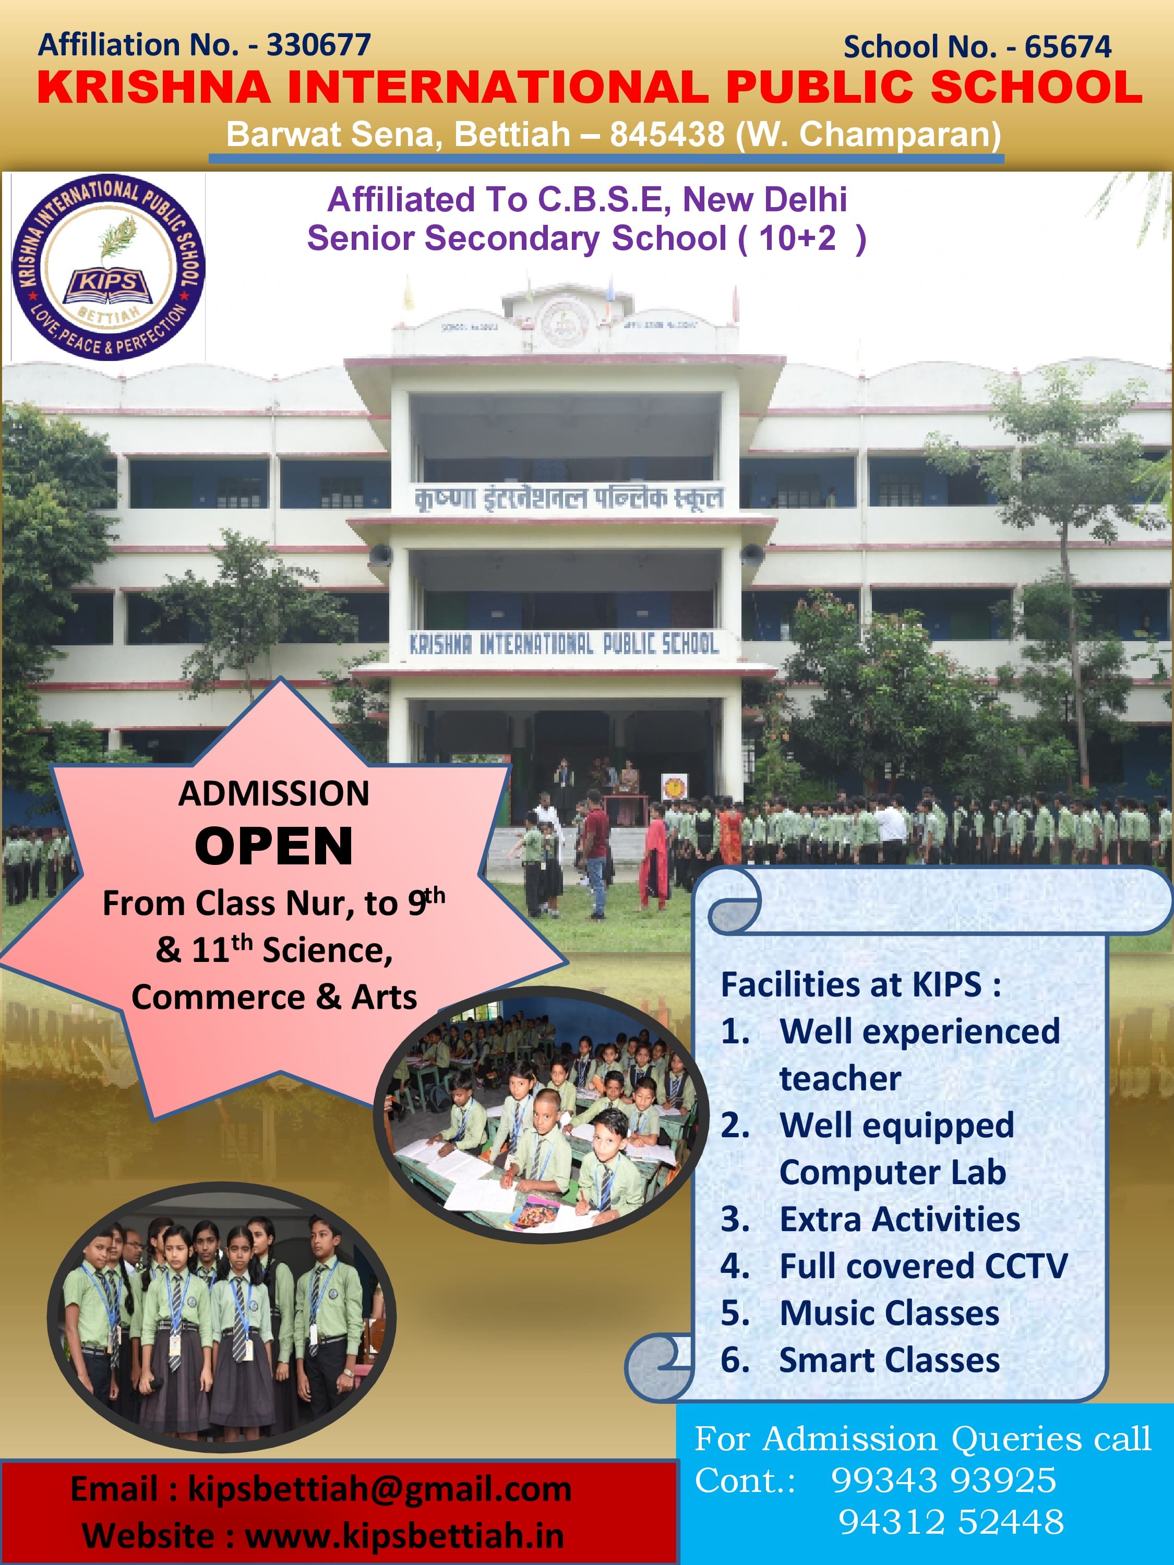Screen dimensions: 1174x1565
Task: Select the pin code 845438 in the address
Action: click(667, 134)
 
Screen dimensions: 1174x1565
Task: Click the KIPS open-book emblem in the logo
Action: click(107, 284)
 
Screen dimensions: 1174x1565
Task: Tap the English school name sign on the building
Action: click(564, 644)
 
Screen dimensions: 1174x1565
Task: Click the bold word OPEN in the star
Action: click(274, 846)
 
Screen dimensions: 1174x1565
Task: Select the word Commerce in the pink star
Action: click(219, 997)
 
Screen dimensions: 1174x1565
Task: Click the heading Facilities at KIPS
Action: click(860, 984)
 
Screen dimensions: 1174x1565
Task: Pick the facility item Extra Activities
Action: click(900, 1219)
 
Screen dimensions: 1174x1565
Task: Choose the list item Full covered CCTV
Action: click(924, 1266)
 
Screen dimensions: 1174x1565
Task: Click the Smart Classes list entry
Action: click(890, 1360)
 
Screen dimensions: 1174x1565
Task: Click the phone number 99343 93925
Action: click(943, 1480)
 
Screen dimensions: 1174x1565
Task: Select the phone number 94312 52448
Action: click(951, 1522)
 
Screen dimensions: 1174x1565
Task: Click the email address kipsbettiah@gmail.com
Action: click(379, 1489)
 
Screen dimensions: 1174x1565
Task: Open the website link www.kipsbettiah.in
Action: click(405, 1536)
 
